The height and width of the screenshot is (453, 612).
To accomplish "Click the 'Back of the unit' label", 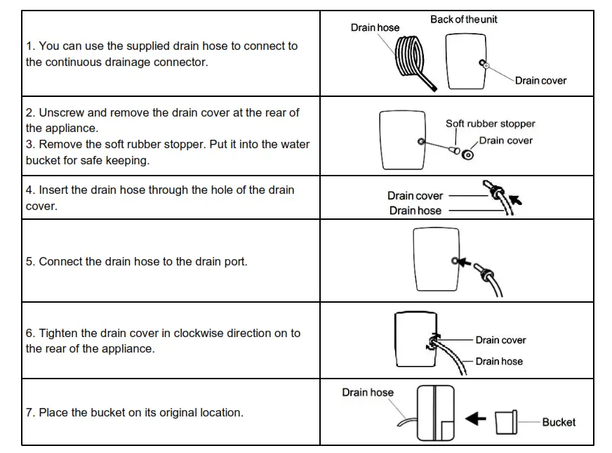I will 463,20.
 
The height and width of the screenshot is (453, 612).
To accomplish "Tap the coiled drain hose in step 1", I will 411,60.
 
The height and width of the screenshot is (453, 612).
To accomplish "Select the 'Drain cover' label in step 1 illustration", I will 540,81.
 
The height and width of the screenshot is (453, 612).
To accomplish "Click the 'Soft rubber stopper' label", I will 490,124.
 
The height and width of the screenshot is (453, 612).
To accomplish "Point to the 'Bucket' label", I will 558,422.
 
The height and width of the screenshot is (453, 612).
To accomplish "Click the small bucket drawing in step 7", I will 505,421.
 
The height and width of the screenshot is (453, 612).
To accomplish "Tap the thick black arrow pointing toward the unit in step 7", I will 477,419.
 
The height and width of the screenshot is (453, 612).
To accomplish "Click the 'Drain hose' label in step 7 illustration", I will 368,393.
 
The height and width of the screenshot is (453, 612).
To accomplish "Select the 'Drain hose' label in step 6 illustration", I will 499,361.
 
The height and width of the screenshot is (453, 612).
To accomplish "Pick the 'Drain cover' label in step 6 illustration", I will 500,340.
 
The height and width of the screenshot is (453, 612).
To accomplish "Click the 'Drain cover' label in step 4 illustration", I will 415,196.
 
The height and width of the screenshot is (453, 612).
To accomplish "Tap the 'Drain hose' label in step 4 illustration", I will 415,211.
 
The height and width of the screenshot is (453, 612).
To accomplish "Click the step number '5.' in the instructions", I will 30,261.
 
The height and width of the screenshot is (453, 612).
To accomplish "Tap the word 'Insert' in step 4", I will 53,190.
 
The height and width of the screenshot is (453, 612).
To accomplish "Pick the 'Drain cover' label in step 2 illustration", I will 505,140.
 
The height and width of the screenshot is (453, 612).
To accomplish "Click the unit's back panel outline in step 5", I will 435,260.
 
